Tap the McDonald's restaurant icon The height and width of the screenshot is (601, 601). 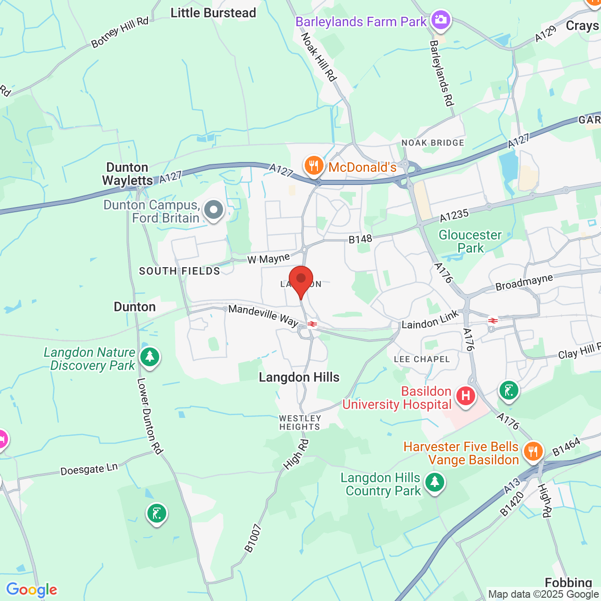tap(313, 166)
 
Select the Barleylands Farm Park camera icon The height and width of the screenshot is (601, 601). tap(440, 20)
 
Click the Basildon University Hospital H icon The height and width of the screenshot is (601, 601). tap(465, 396)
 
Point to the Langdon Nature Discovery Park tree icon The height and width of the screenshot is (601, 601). tap(150, 357)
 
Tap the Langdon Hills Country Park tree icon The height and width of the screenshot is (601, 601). tap(435, 482)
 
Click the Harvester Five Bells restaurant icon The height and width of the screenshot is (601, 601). tap(532, 452)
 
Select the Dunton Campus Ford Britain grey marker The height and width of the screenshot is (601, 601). tap(214, 210)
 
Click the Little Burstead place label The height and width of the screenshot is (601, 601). tap(213, 13)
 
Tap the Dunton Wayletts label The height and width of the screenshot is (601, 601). tap(127, 174)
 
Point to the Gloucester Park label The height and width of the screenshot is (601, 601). tap(470, 241)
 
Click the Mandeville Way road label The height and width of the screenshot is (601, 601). tap(263, 315)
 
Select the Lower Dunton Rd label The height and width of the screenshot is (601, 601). tap(149, 416)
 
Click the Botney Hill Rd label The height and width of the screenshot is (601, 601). tap(120, 32)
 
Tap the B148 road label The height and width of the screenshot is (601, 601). tap(360, 239)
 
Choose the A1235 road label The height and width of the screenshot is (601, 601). tap(454, 216)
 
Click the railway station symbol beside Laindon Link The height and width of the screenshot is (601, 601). tap(493, 321)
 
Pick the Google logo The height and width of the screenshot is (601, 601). tap(32, 590)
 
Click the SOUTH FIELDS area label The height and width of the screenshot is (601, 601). tap(179, 271)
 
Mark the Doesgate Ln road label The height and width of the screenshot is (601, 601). tap(89, 469)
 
